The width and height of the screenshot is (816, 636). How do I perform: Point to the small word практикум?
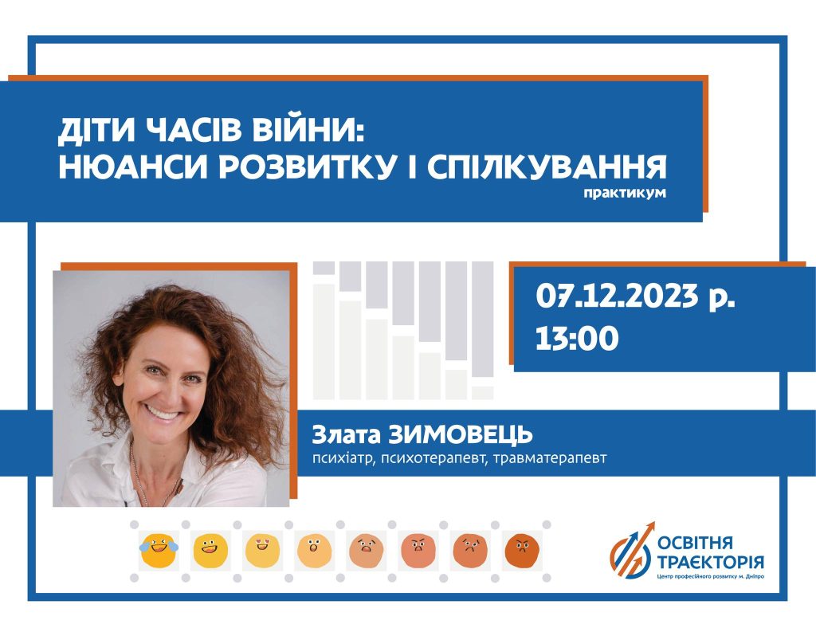click(x=625, y=193)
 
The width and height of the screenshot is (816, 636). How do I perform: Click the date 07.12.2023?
click(x=617, y=296)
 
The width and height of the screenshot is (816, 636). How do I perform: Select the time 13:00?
click(x=577, y=338)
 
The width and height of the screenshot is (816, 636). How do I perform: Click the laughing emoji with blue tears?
click(x=159, y=550)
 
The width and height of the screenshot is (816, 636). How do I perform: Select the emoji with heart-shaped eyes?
click(x=262, y=551)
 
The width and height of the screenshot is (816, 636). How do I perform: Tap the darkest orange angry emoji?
click(x=521, y=551)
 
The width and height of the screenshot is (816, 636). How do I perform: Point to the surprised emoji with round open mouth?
click(x=314, y=551)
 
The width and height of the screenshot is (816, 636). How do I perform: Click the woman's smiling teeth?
click(x=162, y=414)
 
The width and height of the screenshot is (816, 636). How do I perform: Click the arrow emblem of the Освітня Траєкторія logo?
click(x=632, y=551)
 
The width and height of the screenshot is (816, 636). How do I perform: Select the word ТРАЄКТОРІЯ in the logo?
click(x=710, y=562)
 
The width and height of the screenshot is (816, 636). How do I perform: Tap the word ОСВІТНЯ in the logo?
click(x=695, y=543)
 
